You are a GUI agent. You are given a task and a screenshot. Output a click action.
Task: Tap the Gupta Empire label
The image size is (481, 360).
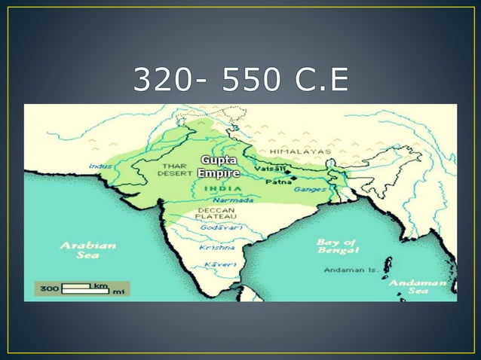pyautogui.click(x=218, y=166)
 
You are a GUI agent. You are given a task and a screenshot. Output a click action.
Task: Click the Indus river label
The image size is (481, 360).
pyautogui.click(x=100, y=166)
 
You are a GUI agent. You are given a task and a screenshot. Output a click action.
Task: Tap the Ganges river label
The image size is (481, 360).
pyautogui.click(x=310, y=189)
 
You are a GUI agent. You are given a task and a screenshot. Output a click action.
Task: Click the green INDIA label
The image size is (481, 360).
pyautogui.click(x=219, y=188)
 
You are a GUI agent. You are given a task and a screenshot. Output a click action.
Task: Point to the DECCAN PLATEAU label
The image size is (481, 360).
pyautogui.click(x=216, y=212)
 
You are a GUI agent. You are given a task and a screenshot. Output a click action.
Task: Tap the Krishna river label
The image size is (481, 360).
pyautogui.click(x=216, y=246)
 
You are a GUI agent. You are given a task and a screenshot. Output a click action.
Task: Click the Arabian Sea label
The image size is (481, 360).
pyautogui.click(x=88, y=249)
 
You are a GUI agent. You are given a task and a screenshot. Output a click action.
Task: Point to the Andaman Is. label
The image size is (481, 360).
pyautogui.click(x=351, y=269)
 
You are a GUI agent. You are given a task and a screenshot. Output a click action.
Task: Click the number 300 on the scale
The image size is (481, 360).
pyautogui.click(x=49, y=288)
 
